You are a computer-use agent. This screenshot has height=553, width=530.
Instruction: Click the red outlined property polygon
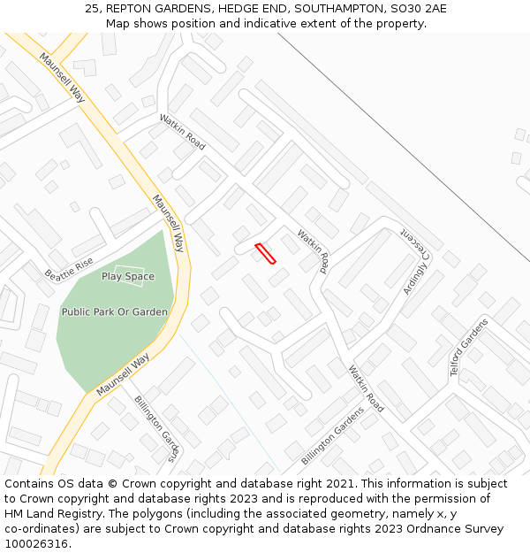click(265, 253)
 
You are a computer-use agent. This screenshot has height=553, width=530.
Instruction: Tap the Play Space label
click(128, 277)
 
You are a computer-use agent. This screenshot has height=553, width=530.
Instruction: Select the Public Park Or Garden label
click(115, 312)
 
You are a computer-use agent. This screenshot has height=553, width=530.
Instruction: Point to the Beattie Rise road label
click(70, 265)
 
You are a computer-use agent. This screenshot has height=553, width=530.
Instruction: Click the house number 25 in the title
click(92, 9)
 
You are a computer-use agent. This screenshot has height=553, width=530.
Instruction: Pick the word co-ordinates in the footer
click(37, 529)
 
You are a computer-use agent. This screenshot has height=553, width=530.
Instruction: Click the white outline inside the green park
click(128, 275)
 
